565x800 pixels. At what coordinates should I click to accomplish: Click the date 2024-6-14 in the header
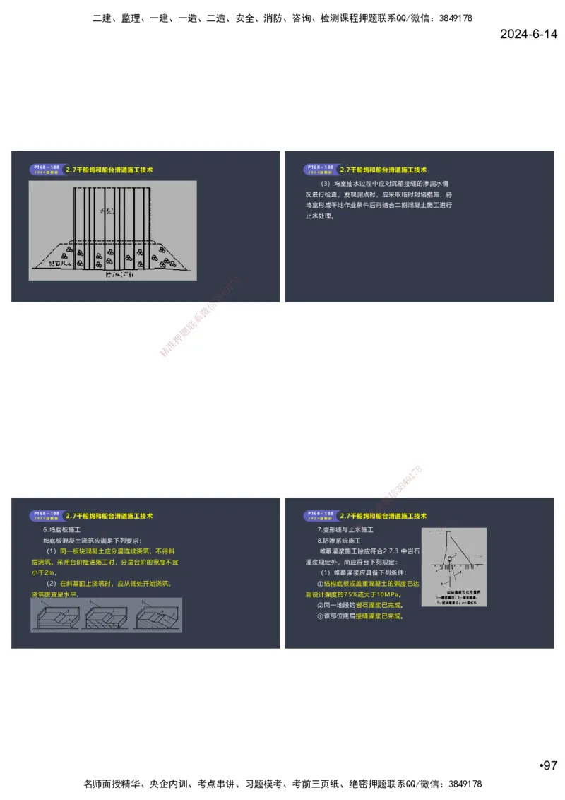(x=528, y=34)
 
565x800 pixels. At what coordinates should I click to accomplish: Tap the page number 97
(x=549, y=765)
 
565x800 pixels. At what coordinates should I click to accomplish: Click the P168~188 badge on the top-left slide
(x=44, y=170)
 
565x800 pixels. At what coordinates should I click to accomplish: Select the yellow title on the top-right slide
(x=383, y=170)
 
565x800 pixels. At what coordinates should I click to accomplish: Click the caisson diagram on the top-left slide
(x=112, y=230)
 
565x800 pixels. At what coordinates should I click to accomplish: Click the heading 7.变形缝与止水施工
(x=345, y=529)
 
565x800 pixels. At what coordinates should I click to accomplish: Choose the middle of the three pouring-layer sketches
(x=107, y=615)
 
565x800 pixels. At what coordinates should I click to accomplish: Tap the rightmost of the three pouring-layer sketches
(x=158, y=615)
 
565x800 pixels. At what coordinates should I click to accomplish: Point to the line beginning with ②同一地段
(x=359, y=605)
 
